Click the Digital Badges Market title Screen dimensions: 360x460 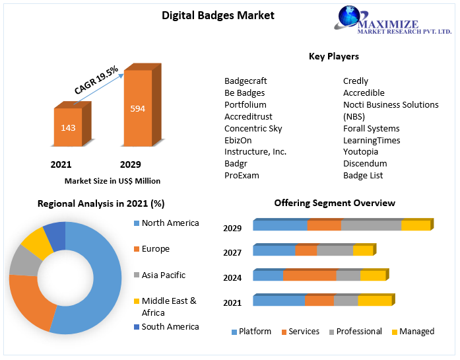218,15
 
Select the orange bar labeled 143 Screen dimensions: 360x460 68,127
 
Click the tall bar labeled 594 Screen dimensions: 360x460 137,108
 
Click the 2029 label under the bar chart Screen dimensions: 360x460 130,164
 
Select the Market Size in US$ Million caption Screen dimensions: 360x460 112,180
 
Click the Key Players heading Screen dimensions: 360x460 334,56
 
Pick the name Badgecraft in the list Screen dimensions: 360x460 246,81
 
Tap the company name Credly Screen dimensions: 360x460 356,81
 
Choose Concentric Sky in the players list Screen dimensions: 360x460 253,128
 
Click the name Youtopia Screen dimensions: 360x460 361,151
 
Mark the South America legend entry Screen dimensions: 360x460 170,326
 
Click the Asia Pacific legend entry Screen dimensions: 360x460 163,275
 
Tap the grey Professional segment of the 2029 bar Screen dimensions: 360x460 371,225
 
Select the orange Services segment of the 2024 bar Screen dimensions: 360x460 310,275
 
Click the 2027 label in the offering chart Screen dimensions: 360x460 232,252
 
